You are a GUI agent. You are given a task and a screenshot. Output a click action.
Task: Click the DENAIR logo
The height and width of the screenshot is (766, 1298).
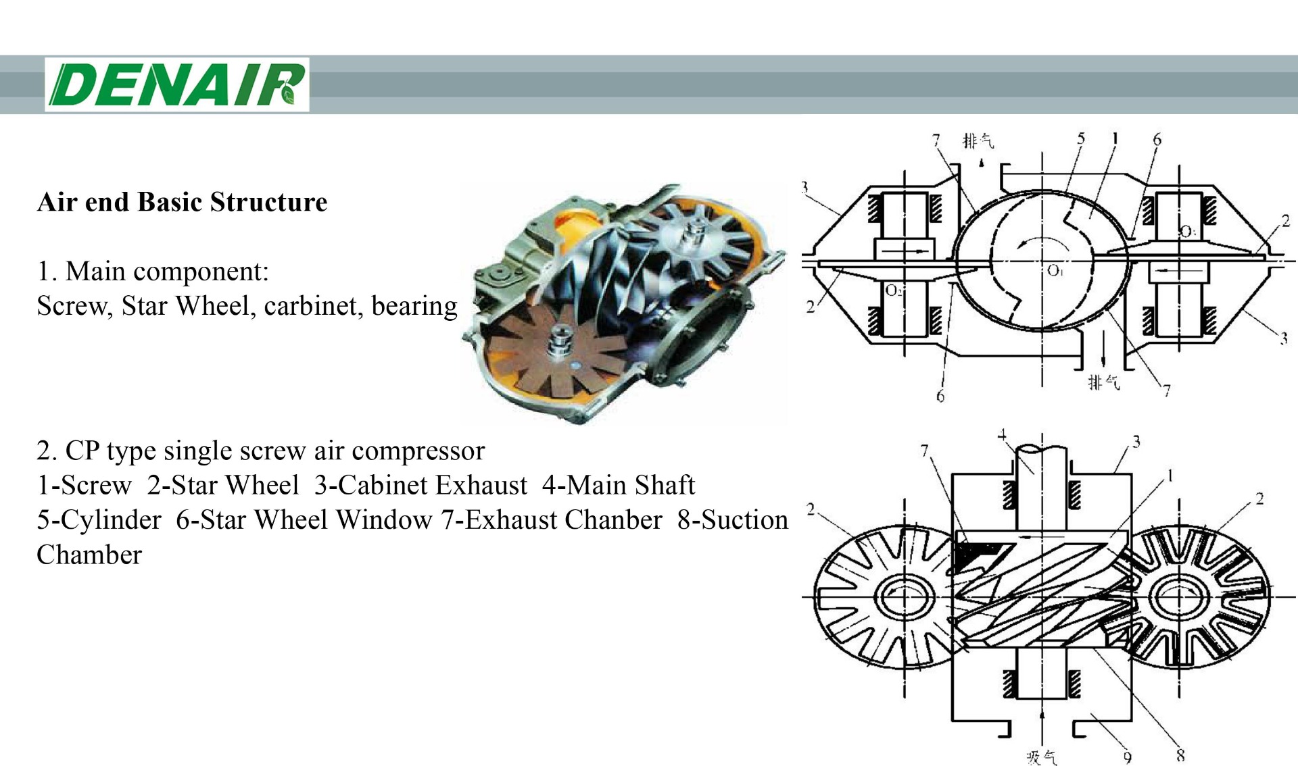[x=177, y=84]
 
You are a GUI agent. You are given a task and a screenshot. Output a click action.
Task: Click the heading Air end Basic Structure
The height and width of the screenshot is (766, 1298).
[x=182, y=202]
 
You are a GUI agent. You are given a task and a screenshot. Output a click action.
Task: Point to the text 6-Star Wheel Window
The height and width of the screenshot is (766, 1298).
[x=304, y=520]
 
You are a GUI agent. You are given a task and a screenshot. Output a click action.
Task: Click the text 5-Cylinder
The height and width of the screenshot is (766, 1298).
[x=99, y=520]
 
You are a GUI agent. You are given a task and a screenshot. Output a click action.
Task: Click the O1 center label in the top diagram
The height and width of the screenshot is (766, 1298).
[x=1055, y=270]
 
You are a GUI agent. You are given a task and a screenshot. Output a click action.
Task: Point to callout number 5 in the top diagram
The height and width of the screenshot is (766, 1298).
[x=1080, y=138]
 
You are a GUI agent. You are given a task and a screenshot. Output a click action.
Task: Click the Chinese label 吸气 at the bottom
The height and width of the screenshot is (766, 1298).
[x=1041, y=757]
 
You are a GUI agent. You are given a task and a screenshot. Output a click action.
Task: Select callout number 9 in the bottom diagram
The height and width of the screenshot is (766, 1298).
[x=1127, y=757]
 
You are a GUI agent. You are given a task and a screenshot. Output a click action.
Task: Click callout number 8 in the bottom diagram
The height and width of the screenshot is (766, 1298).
[x=1180, y=755]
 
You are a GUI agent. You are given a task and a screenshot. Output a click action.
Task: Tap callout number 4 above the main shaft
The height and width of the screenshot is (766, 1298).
[x=1003, y=434]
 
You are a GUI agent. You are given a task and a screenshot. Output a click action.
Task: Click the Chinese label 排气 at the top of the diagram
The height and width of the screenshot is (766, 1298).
[x=978, y=141]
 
